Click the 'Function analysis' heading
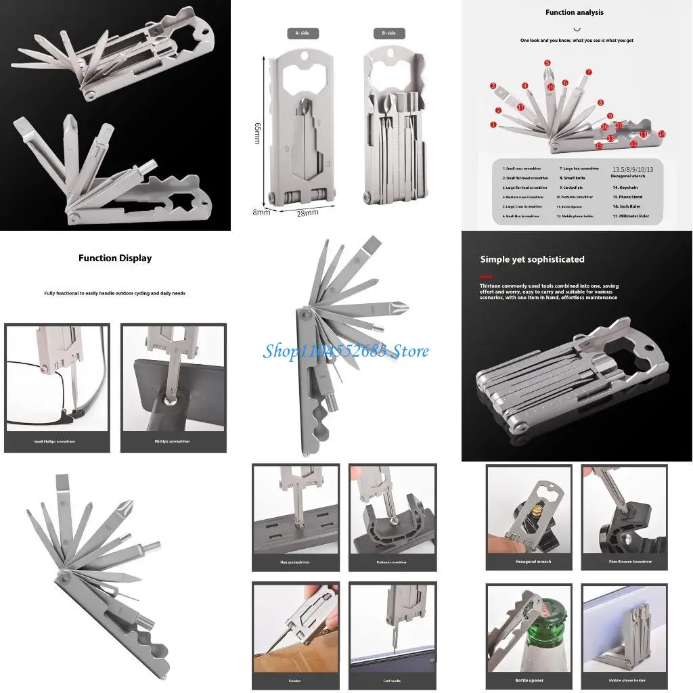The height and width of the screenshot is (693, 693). click(575, 12)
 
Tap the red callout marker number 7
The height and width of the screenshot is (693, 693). click(589, 72)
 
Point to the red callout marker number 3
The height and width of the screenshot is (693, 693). click(493, 86)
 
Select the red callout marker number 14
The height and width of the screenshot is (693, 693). click(662, 134)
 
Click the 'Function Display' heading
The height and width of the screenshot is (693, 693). click(115, 258)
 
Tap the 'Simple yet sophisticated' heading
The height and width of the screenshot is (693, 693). click(532, 259)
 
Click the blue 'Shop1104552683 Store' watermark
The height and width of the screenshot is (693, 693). click(346, 351)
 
